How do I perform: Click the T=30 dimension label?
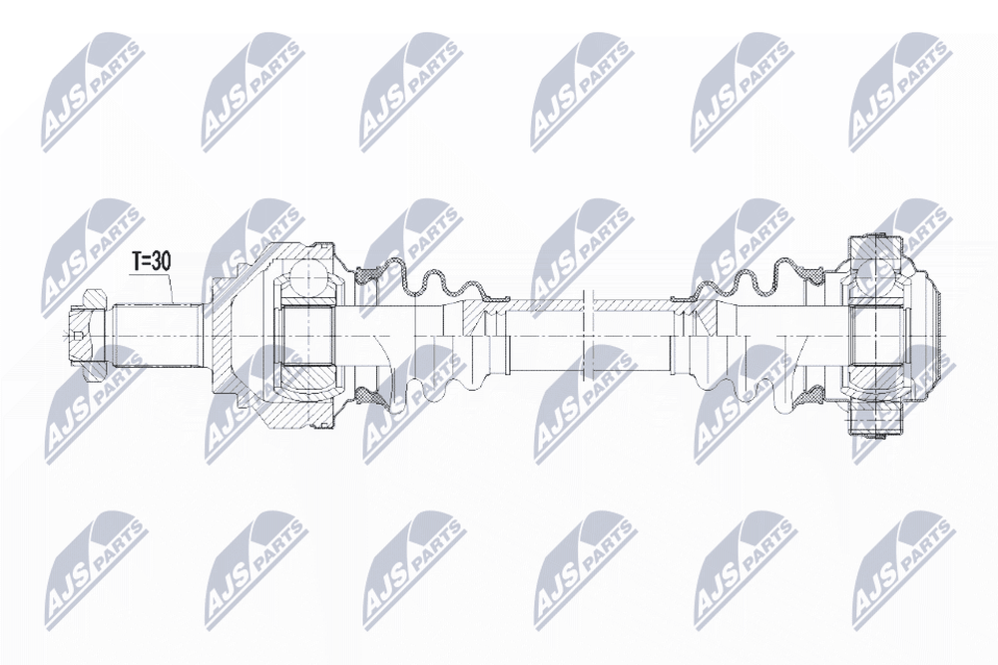coord(152,261)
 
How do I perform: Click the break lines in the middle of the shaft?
coord(589,335)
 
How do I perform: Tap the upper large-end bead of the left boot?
coord(368,274)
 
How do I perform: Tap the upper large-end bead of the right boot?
coord(814,274)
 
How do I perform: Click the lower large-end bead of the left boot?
coord(368,396)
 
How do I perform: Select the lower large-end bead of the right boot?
coord(814,396)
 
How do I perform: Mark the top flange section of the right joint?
coord(878,248)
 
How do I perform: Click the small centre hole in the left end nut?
coord(77,335)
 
